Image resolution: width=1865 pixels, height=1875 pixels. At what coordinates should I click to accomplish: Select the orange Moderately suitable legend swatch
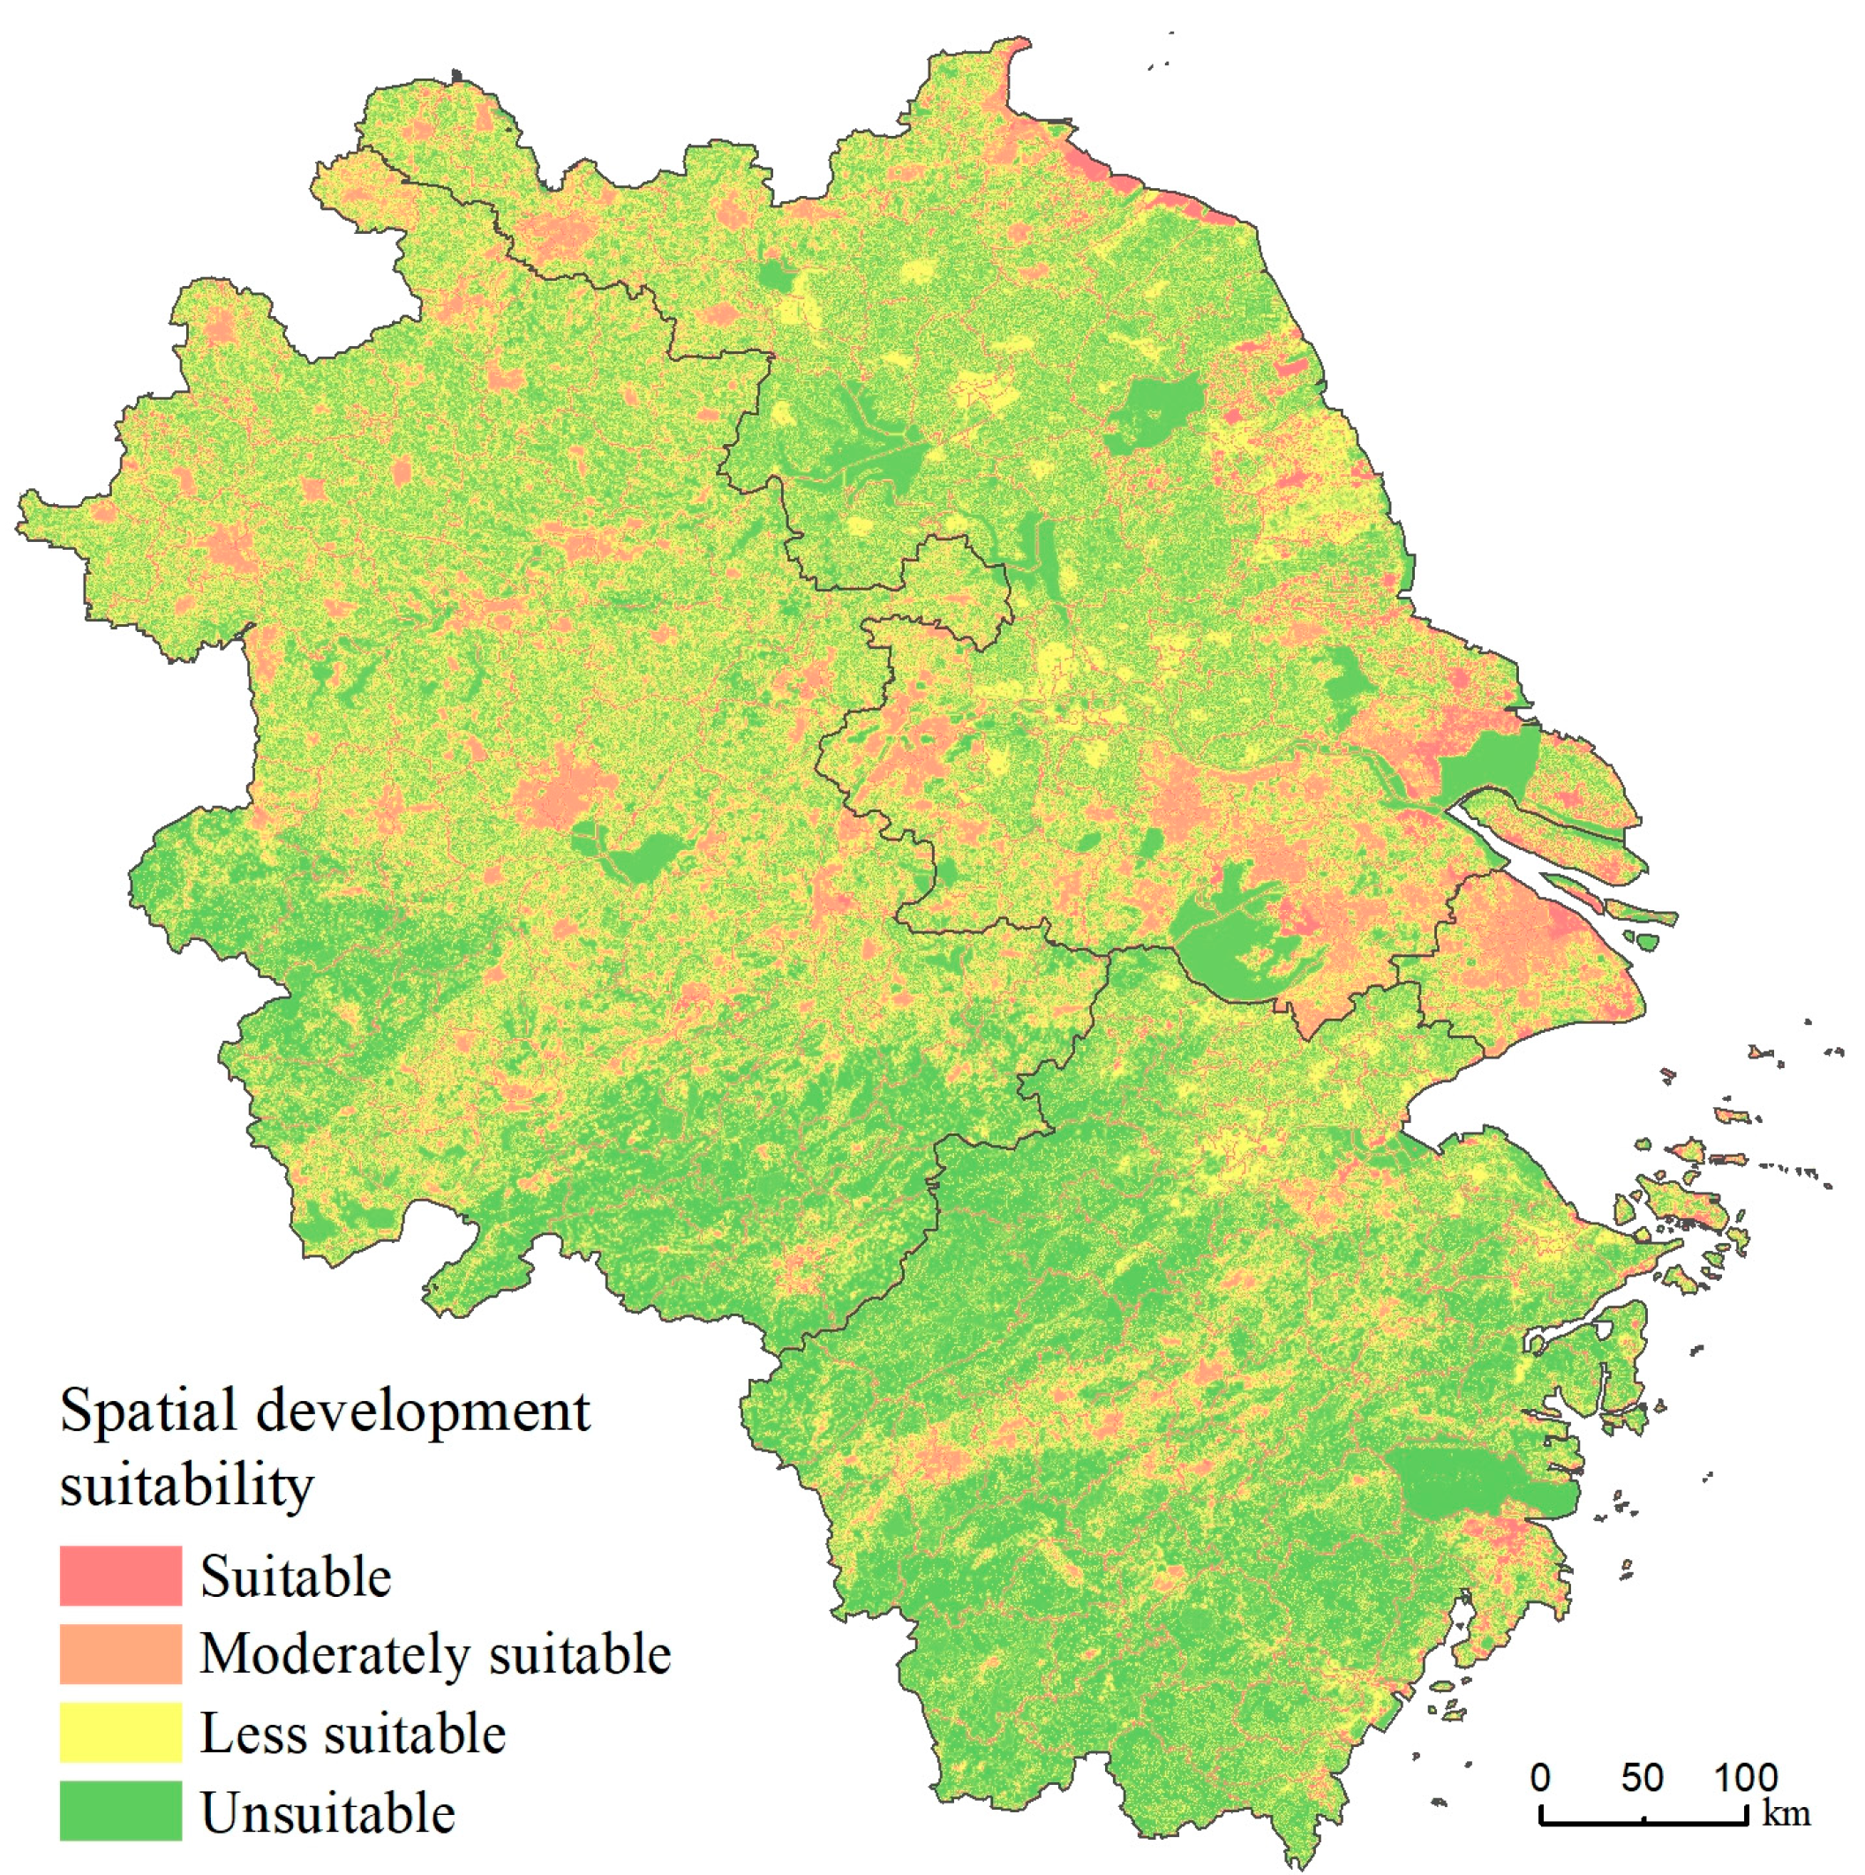(120, 1653)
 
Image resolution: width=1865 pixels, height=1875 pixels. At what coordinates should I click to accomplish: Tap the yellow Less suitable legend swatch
(120, 1732)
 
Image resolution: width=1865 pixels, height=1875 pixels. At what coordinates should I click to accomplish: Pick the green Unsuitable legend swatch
(120, 1811)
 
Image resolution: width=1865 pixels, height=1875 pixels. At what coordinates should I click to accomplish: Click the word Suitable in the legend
(295, 1576)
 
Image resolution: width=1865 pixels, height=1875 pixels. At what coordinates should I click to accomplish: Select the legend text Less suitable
(352, 1733)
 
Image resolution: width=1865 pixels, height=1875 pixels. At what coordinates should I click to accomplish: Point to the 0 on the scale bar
(1541, 1777)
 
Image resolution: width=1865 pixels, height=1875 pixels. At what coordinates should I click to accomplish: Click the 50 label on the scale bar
(1642, 1777)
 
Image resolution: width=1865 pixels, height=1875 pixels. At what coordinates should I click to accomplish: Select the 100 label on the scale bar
(1746, 1777)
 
